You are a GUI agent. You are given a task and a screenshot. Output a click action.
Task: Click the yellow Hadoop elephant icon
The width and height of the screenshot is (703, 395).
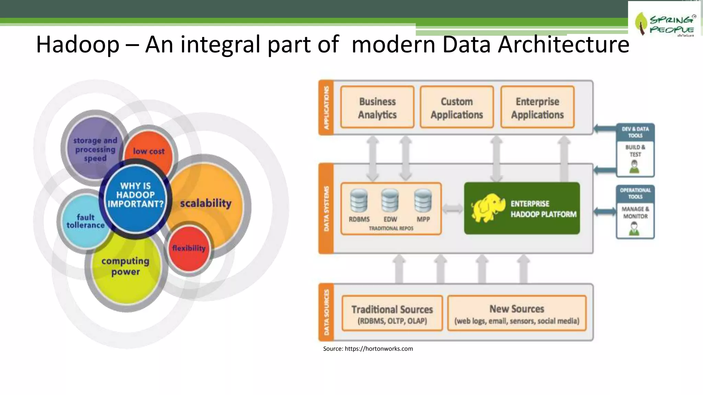(x=487, y=207)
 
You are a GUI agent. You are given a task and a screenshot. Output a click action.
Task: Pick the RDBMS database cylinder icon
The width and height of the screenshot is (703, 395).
(x=359, y=201)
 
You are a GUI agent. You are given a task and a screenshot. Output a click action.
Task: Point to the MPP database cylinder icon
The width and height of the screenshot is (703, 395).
(x=423, y=201)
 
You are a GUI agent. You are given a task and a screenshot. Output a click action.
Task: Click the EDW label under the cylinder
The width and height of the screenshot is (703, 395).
(x=390, y=219)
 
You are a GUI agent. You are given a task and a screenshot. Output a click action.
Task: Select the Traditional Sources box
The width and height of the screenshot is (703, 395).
(x=392, y=313)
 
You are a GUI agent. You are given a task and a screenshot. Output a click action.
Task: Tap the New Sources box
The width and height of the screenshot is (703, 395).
(x=517, y=313)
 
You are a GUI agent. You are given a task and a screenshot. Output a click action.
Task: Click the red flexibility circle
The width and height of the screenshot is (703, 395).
(x=189, y=249)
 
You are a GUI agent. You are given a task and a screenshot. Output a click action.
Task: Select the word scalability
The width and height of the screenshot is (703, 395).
(x=206, y=203)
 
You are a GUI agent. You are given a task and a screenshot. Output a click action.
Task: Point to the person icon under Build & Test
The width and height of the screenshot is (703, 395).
(x=634, y=167)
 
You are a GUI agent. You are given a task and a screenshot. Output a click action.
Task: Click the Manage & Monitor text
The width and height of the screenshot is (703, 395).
(x=635, y=213)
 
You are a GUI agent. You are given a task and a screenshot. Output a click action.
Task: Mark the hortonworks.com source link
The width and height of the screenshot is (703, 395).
(x=379, y=349)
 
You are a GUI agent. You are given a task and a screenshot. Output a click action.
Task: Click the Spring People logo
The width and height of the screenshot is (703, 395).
(x=664, y=23)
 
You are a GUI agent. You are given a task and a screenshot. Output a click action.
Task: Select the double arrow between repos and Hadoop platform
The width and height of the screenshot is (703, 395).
(x=452, y=208)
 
